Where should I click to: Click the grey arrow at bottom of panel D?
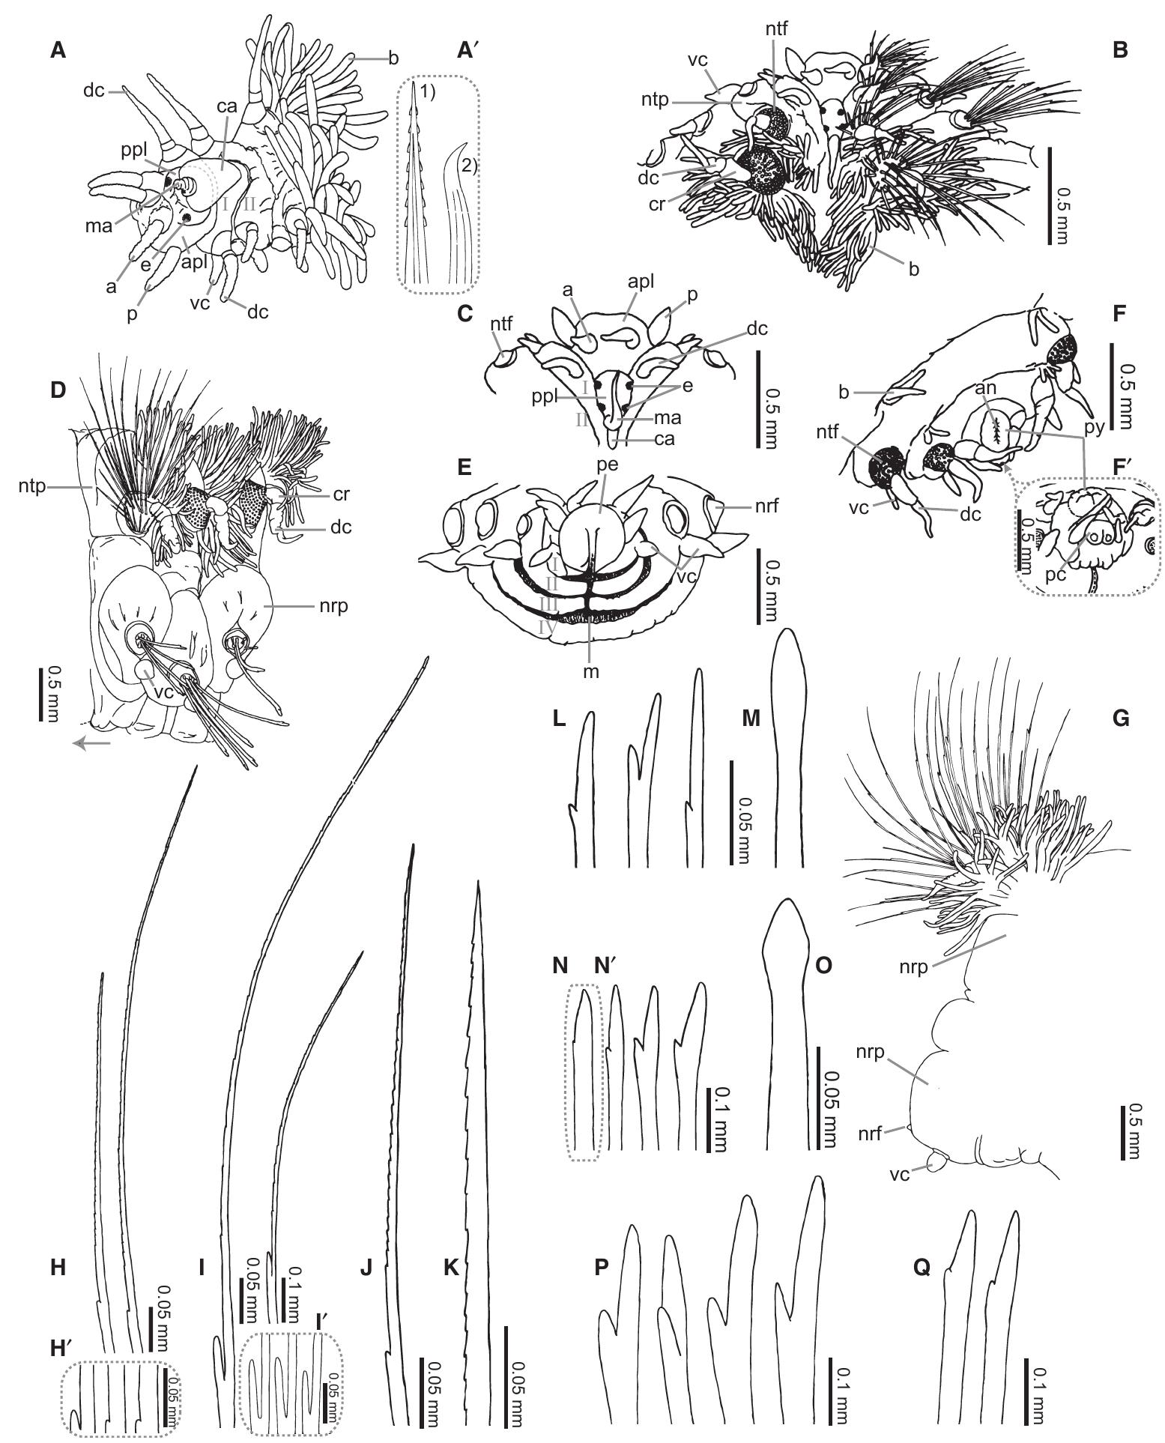[x=92, y=743]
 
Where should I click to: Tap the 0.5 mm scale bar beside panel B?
[x=1050, y=196]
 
